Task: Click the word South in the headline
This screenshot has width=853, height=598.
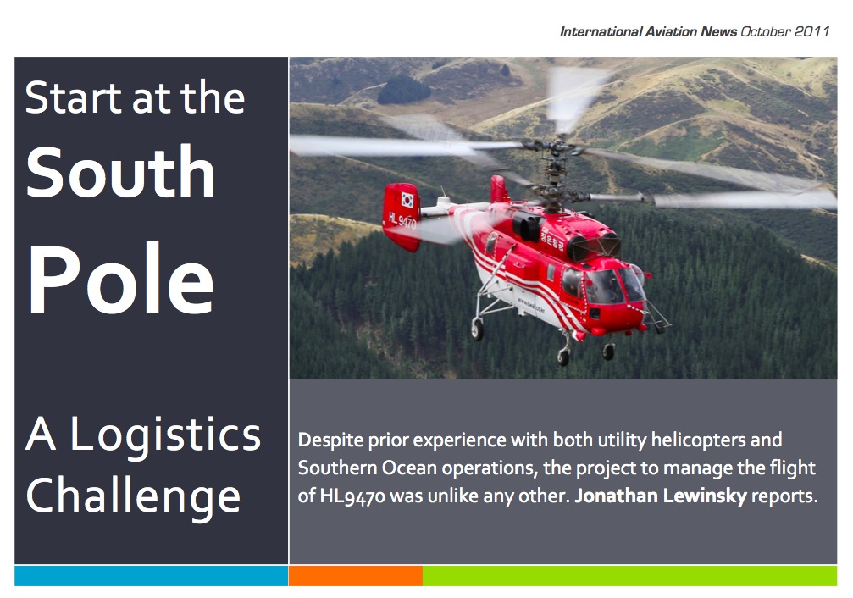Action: (120, 171)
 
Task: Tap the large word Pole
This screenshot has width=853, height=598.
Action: (121, 278)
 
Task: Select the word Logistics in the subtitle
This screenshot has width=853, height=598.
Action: (165, 435)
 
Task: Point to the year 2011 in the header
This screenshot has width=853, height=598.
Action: (811, 31)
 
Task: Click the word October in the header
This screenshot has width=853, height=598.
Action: (766, 31)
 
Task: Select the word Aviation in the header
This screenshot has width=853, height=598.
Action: (671, 31)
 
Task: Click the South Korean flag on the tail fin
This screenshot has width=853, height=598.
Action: (407, 200)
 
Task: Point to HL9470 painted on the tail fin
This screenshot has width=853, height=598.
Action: (402, 220)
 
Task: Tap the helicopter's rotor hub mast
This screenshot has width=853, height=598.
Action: (554, 174)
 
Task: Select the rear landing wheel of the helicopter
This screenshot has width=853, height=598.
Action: (477, 329)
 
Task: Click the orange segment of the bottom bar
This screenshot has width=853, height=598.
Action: (356, 576)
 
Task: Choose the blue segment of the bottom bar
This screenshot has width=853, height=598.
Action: (152, 576)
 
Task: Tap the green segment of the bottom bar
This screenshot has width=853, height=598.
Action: (630, 576)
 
